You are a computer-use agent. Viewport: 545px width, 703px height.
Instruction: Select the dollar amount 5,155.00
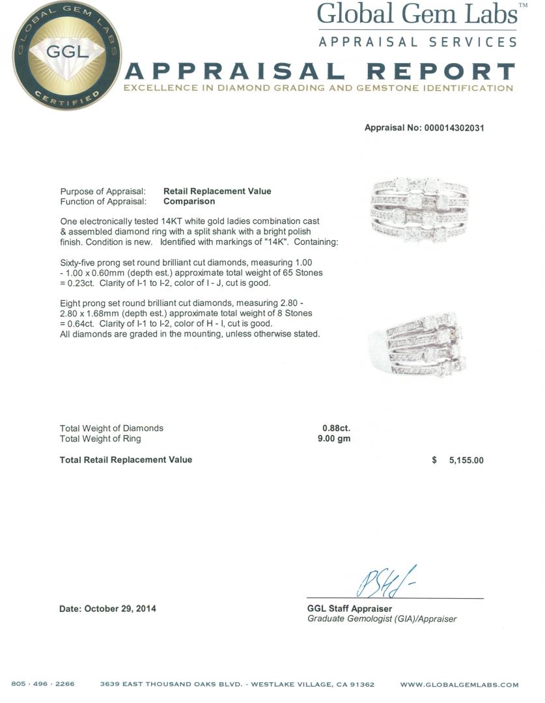466,460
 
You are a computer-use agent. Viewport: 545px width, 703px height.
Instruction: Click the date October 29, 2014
108,609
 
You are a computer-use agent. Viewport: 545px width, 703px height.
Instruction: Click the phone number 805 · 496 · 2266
43,685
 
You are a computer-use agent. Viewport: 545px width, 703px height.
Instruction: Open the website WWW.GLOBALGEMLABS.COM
459,685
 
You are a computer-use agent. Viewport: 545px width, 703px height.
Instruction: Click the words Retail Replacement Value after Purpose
217,191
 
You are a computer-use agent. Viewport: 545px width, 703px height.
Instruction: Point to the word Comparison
189,202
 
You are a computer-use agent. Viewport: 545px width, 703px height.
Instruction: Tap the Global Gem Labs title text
417,14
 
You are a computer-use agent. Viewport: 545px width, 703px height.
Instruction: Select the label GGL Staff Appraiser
349,609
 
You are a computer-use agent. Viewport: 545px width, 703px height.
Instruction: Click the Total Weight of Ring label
100,439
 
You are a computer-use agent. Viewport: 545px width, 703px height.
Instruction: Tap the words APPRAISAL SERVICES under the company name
417,42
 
